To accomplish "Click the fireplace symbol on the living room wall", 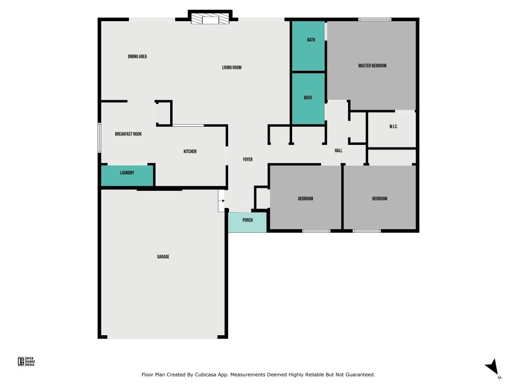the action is tap(210, 19).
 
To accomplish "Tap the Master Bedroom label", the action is tap(372, 66).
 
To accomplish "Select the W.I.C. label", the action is tap(393, 127).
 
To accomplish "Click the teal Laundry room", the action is tap(127, 175).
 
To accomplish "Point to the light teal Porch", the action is tap(247, 222).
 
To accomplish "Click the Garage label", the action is tap(163, 257).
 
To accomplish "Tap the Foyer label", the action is tap(248, 159).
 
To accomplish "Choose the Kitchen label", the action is tap(190, 152).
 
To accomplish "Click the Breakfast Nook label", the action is tap(128, 134).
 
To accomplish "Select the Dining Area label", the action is tap(138, 56).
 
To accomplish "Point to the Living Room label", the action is tap(232, 67).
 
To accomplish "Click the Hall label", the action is tap(338, 151).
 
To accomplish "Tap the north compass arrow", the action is tap(493, 367).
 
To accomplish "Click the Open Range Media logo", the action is tap(26, 362).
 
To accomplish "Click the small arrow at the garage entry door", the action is tap(223, 201).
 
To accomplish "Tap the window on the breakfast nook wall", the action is tap(99, 138).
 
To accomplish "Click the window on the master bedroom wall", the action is tap(374, 20).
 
